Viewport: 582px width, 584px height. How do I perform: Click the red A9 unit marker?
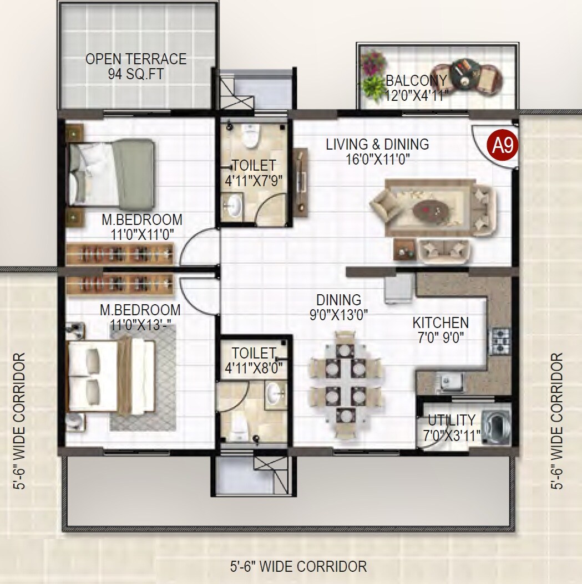503,145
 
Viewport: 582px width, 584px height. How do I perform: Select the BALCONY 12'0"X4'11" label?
416,88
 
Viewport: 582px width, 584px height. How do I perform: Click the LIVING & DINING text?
377,145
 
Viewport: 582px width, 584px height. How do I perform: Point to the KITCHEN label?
441,322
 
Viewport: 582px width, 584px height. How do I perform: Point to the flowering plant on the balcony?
373,62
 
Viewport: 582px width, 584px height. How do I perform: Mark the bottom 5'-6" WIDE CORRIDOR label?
298,567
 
